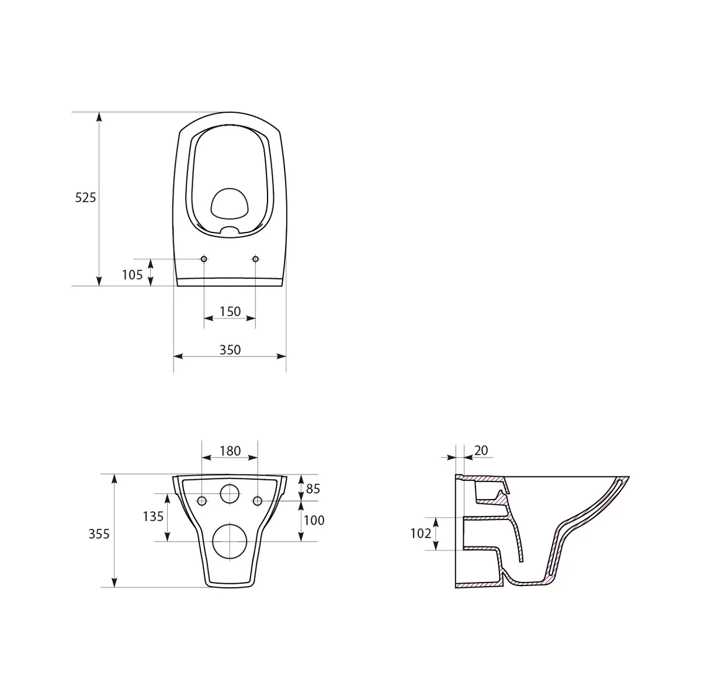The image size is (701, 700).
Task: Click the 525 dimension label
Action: (x=85, y=197)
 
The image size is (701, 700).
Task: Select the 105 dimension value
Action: (x=132, y=274)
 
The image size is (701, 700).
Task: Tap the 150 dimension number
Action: (x=230, y=311)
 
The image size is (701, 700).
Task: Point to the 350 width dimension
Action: (x=230, y=349)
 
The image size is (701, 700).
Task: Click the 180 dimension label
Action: (x=230, y=451)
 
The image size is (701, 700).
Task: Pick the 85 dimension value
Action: (x=313, y=488)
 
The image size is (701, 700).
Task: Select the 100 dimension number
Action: (x=314, y=520)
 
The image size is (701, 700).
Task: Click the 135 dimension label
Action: (x=153, y=517)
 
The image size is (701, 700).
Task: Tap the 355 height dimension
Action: (x=99, y=533)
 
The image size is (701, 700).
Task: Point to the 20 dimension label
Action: (x=481, y=450)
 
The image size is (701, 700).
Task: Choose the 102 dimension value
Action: (x=421, y=533)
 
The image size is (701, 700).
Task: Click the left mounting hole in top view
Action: (x=204, y=259)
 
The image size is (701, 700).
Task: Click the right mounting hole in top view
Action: (x=256, y=259)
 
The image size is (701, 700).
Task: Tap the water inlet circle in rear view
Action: (x=230, y=494)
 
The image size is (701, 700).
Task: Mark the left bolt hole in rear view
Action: (x=202, y=501)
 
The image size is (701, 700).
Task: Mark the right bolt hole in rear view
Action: (x=257, y=501)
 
